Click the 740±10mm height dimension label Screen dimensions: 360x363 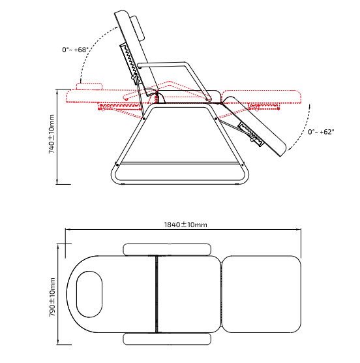(52, 134)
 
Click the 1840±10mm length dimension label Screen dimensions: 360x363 (185, 225)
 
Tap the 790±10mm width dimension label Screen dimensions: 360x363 (52, 297)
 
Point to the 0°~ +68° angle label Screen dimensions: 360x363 (76, 50)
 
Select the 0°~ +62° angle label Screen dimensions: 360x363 (321, 132)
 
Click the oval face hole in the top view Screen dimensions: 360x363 (89, 294)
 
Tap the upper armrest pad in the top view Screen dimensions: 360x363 (167, 249)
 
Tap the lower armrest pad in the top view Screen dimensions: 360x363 (167, 339)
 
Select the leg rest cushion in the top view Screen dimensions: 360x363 (262, 294)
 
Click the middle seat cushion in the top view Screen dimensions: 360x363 (189, 294)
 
